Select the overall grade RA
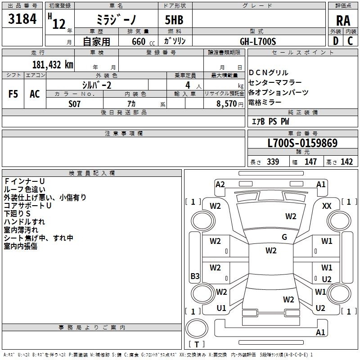343,20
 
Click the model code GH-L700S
258,41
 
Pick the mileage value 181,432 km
53,64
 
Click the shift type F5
13,94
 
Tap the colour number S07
75,103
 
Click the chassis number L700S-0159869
302,144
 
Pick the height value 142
346,162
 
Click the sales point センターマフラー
275,82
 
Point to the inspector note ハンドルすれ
24,222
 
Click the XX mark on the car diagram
327,206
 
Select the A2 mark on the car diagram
220,184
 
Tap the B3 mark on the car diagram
195,276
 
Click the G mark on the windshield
284,237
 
